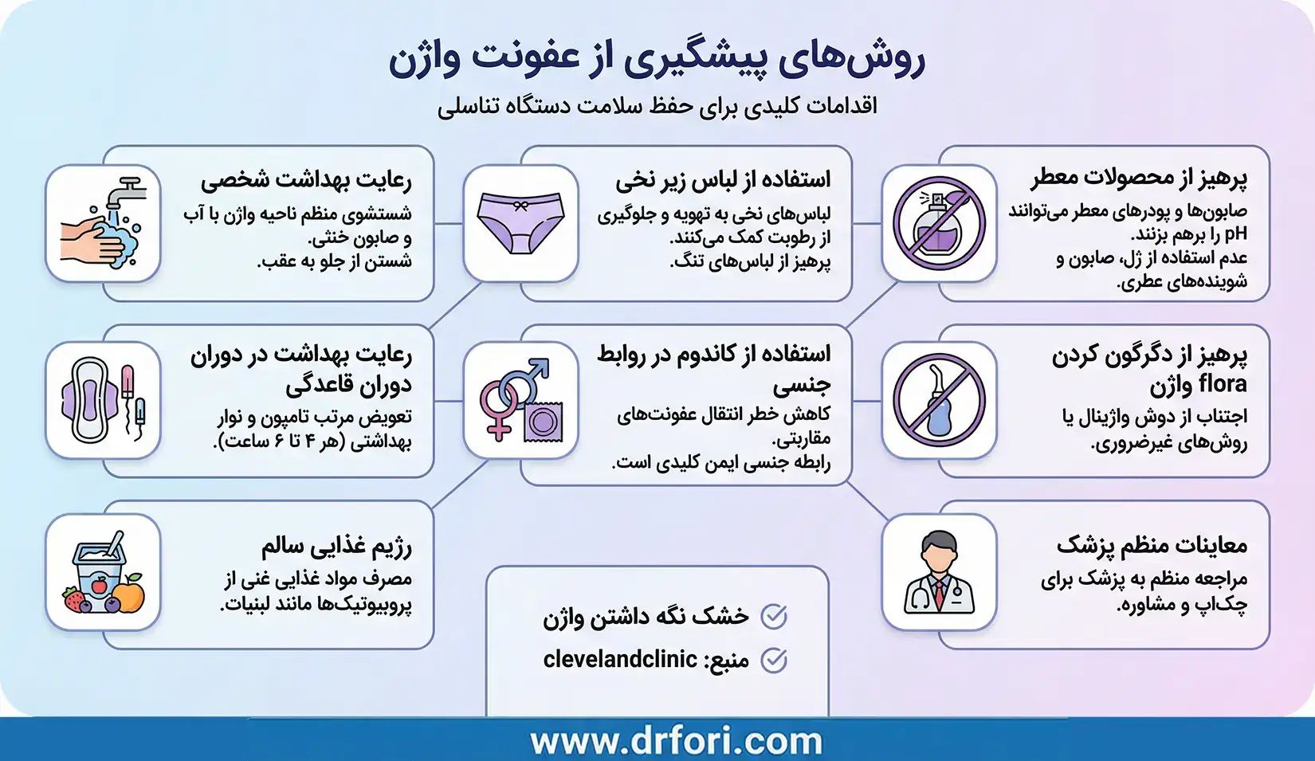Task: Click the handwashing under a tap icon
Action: pos(103,223)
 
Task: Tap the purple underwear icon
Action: pos(520,223)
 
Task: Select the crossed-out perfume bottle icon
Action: pos(939,223)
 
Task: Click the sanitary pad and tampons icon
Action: pos(103,400)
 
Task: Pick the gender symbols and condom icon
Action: pos(520,400)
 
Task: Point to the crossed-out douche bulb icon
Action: pos(939,400)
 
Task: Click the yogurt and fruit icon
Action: pos(103,572)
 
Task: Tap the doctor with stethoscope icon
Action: pos(939,572)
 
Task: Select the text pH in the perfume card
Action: pos(1235,234)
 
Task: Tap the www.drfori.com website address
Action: pos(676,741)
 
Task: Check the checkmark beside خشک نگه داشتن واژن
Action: pos(774,616)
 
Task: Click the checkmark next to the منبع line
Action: pos(774,660)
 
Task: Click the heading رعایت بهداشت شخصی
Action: pos(306,180)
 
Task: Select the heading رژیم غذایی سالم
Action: pos(336,546)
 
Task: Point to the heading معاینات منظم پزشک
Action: pos(1152,546)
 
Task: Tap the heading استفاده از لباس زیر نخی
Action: pos(723,180)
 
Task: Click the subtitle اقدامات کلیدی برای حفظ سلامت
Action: pos(657,106)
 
